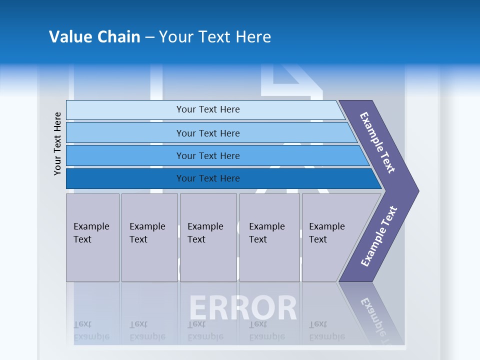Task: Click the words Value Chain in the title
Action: [94, 37]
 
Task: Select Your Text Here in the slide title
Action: [215, 37]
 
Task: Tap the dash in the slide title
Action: [149, 37]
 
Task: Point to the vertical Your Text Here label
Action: [57, 143]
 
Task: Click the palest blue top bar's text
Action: [208, 109]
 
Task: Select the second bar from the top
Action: [208, 133]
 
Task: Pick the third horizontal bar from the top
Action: [208, 155]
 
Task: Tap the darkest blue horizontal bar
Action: [208, 178]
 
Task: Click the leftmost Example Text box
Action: [92, 237]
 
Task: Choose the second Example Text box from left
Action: [149, 237]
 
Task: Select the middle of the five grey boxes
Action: [208, 237]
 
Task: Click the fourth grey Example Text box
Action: [269, 237]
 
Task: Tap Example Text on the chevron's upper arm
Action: [378, 142]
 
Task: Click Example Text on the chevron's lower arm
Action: [379, 236]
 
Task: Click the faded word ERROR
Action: [243, 308]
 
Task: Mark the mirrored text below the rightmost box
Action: [327, 330]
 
